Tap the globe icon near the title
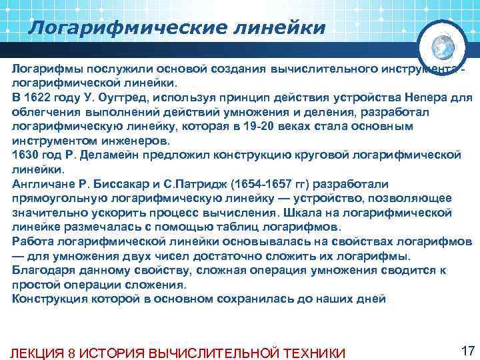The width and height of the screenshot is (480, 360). click(x=443, y=47)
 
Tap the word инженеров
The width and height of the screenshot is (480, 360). click(x=139, y=141)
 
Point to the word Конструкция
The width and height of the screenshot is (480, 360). click(x=50, y=298)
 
